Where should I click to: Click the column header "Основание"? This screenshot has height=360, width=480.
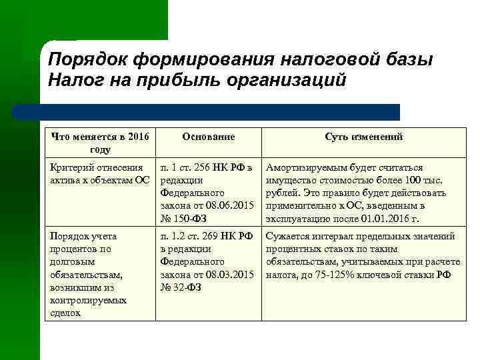pos(208,137)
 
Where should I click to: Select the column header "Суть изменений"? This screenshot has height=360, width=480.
pos(364,137)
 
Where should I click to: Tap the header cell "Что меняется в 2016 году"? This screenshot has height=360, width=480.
pos(100,143)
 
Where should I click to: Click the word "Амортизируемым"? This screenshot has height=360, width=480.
pos(305,167)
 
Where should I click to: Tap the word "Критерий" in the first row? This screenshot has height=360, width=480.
pos(70,167)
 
